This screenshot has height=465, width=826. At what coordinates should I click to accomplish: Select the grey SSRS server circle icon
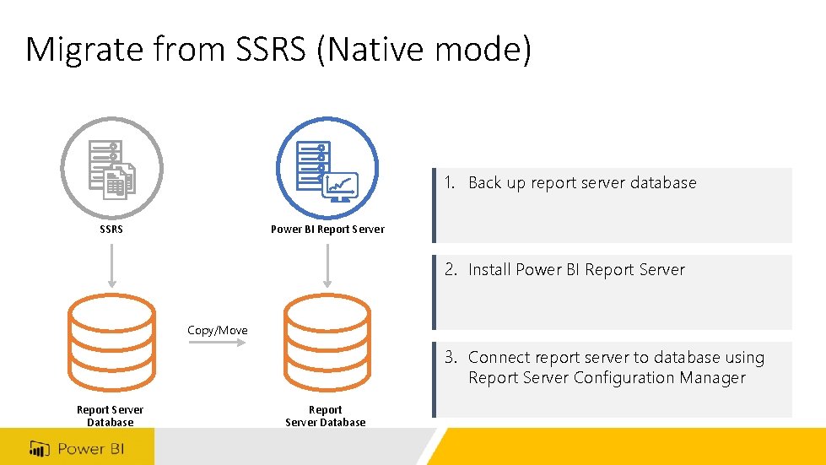(x=111, y=168)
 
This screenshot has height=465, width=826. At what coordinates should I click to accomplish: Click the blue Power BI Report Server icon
(x=327, y=168)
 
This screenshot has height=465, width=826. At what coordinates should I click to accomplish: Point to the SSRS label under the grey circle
(x=111, y=229)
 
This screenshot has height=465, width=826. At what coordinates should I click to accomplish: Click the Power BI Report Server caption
(x=327, y=229)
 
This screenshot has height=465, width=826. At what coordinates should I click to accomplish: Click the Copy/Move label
(x=218, y=330)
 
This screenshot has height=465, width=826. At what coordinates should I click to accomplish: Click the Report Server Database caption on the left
(x=111, y=415)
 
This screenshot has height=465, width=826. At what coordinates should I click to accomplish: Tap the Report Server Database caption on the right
(x=326, y=415)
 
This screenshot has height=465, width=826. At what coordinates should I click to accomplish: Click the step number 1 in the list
(x=450, y=182)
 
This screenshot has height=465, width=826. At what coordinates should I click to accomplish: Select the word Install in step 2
(x=489, y=270)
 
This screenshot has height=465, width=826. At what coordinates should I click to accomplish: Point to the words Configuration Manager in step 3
(x=660, y=377)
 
